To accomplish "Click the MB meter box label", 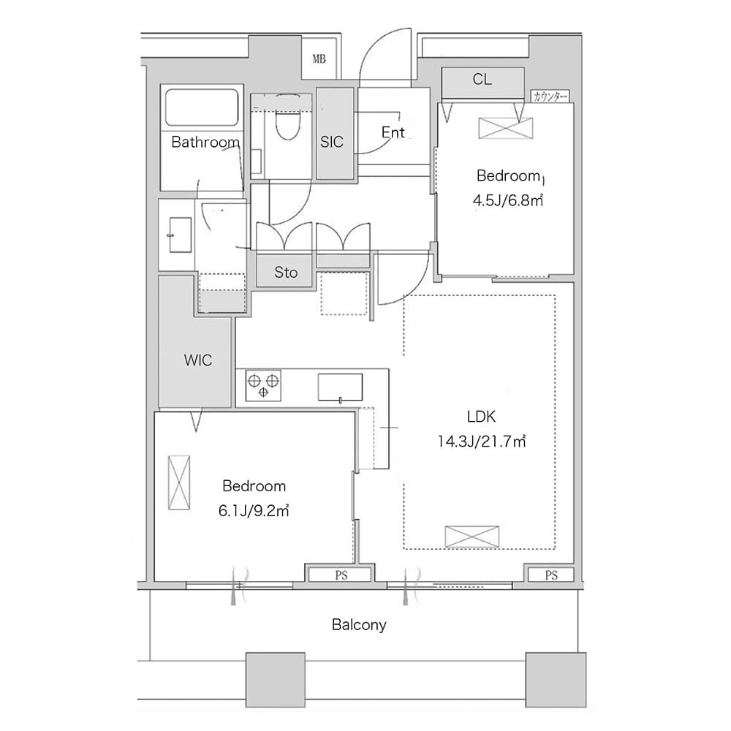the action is coord(319,59).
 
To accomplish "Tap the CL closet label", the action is coord(482,79).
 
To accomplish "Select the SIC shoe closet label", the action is coord(331,142).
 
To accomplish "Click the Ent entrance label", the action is coord(393,132).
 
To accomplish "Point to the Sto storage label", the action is coord(286,272).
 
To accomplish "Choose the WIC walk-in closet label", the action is coord(197,360).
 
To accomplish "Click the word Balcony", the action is coord(359,625).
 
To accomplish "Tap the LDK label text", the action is coord(481,417).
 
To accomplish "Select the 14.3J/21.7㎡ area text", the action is coord(482,441).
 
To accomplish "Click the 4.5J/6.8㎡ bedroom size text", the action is coord(508,200).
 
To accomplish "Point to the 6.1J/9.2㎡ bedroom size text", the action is coord(254,511).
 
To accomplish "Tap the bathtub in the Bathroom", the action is coord(202,107).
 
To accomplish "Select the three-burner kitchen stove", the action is coord(263,385).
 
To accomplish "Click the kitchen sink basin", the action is coord(341,387).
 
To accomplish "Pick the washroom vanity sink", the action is coord(180,235).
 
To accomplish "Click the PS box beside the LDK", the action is coord(551,575).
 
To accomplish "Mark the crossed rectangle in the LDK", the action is coord(471,537).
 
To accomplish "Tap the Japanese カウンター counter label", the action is coord(550,96).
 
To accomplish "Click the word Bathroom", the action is coord(205,142).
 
